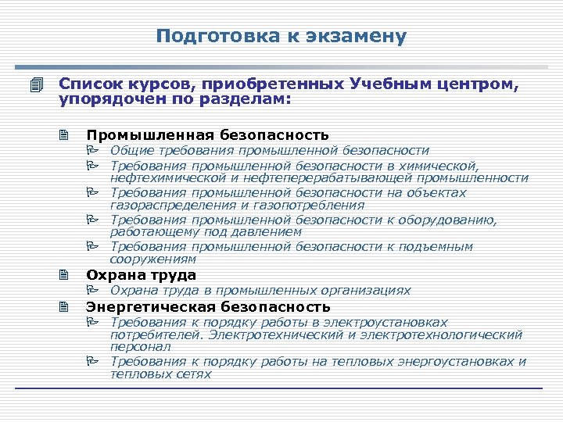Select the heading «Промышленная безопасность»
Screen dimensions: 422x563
click(207, 134)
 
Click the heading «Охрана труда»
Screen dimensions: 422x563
click(141, 275)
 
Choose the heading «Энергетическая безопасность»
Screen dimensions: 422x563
click(208, 306)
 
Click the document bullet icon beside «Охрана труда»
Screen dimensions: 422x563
click(63, 275)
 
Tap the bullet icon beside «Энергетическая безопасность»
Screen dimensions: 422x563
click(63, 306)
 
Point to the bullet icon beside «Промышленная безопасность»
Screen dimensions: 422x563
click(63, 134)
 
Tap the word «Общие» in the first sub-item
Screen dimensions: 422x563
click(131, 150)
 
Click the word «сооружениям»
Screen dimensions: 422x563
click(152, 259)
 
